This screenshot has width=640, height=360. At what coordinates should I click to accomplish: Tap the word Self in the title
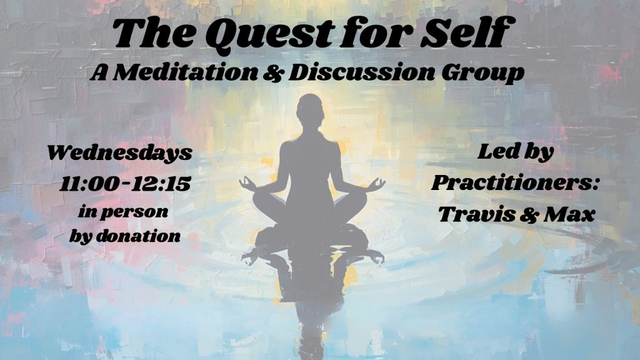465,32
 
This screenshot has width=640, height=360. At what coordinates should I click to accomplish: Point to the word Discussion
361,72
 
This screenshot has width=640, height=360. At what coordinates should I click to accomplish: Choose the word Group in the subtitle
483,74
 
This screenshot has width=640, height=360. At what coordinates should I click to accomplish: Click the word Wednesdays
119,153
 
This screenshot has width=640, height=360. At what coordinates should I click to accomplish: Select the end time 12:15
161,184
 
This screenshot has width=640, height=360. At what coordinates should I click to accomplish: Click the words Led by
516,152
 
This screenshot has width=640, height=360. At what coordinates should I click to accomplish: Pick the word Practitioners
515,182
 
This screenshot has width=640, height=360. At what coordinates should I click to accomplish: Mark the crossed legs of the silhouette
310,207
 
